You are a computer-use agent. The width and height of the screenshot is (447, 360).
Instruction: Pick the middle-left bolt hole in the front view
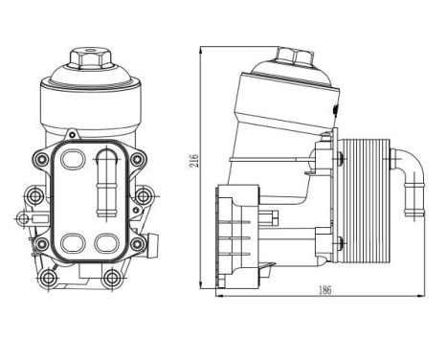pyautogui.click(x=35, y=198)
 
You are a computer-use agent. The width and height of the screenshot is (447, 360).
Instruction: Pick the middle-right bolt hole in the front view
pyautogui.click(x=142, y=198)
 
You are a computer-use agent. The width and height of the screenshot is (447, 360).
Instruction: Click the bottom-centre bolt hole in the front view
pyautogui.click(x=112, y=279)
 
